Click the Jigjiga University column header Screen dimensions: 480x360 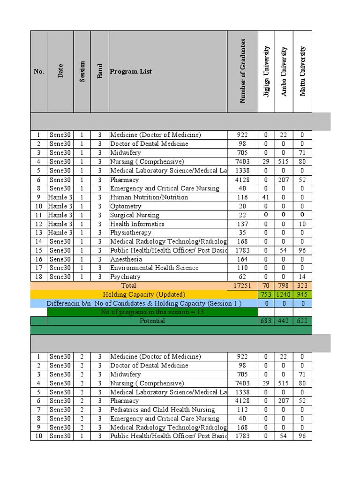coord(266,71)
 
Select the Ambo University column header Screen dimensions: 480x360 coord(284,71)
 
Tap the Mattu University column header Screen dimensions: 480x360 coord(302,71)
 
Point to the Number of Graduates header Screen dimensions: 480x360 coord(242,71)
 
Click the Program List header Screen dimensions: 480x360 coord(131,71)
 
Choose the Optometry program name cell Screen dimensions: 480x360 coord(126,206)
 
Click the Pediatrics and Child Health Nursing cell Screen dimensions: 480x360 coord(162,410)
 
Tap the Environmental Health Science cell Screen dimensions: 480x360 coord(154,268)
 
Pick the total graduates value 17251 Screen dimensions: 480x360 coord(242,285)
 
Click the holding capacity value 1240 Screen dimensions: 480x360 coord(284,294)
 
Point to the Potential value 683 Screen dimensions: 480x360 coord(266,321)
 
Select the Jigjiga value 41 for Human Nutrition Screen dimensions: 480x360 coord(266,197)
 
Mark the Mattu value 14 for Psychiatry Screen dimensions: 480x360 coord(302,277)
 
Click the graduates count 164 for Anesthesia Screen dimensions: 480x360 coord(242,259)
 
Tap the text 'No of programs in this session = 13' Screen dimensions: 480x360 coord(152,312)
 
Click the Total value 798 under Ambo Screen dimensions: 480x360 coord(284,285)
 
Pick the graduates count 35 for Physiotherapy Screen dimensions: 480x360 coord(242,232)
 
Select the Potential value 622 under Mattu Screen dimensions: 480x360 coord(302,321)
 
